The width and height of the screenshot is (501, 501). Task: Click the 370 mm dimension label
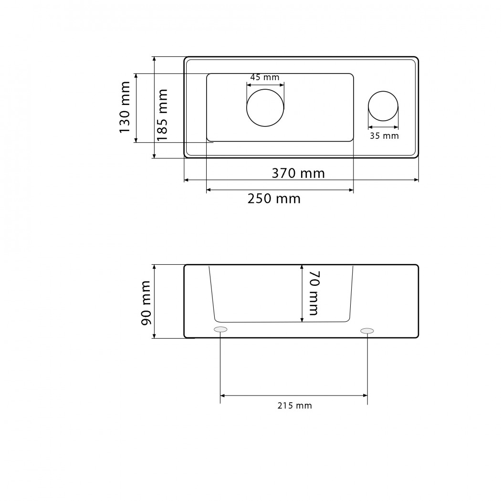298,173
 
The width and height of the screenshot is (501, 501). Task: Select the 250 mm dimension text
274,199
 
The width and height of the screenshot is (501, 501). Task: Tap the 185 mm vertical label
162,115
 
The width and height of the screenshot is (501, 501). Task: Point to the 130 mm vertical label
125,107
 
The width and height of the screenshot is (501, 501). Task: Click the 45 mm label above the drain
264,77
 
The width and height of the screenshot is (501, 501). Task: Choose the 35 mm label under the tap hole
384,136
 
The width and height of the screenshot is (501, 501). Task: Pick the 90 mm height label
146,303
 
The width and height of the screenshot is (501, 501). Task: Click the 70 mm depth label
314,293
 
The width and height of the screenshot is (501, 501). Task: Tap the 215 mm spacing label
294,406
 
